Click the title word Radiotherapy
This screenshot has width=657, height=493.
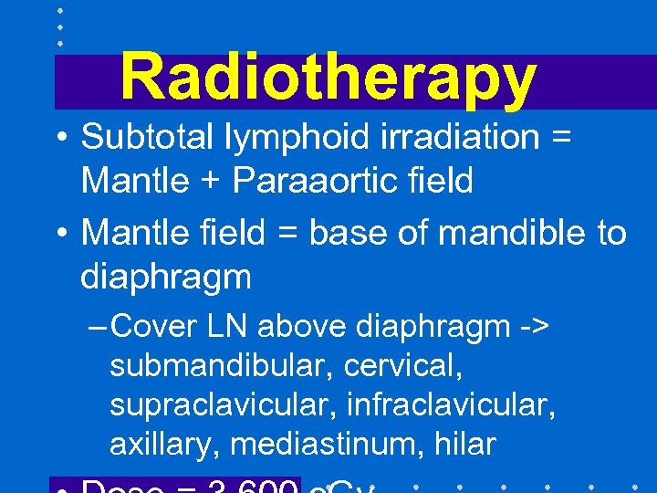(x=328, y=78)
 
